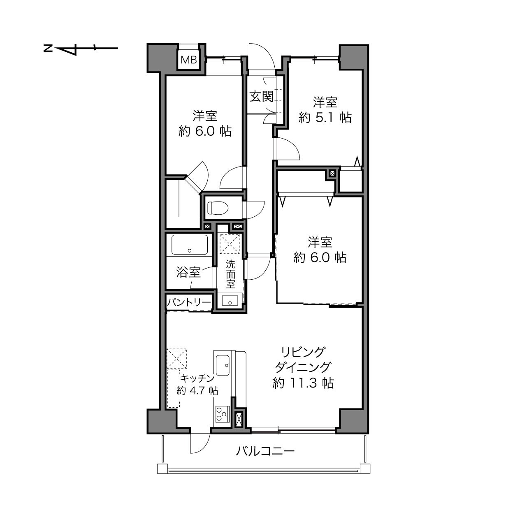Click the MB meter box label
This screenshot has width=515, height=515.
[x=189, y=60]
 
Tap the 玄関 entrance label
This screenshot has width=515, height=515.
[x=262, y=97]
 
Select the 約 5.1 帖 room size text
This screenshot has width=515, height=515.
[x=325, y=117]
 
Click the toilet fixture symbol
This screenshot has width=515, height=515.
[x=218, y=208]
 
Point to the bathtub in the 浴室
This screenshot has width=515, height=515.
[x=190, y=244]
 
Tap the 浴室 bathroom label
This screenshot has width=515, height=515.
[x=188, y=272]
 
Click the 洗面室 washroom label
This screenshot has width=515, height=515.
[x=230, y=274]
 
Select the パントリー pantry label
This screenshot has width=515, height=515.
[x=189, y=302]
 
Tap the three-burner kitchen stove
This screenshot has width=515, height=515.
[x=223, y=414]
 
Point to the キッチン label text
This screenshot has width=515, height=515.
[x=197, y=378]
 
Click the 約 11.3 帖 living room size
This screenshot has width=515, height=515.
[x=303, y=383]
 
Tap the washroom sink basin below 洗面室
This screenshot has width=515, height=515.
[x=230, y=301]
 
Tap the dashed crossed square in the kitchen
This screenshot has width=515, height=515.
[x=176, y=359]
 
